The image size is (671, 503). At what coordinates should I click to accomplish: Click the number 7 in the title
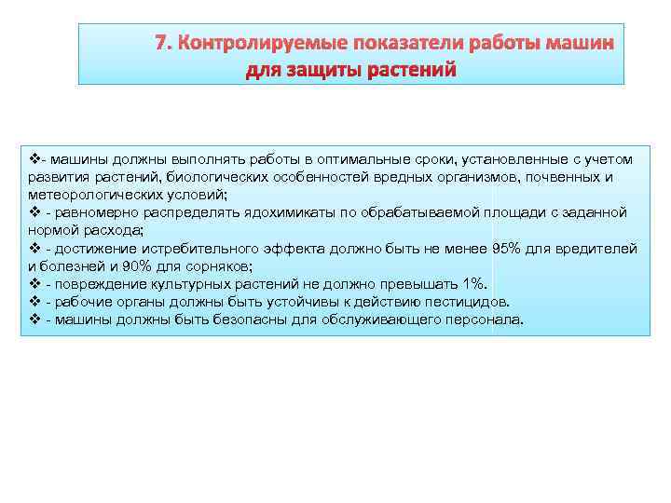[160, 43]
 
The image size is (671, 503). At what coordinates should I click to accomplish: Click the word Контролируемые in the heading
[246, 43]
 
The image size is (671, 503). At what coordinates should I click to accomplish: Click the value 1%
[473, 284]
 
